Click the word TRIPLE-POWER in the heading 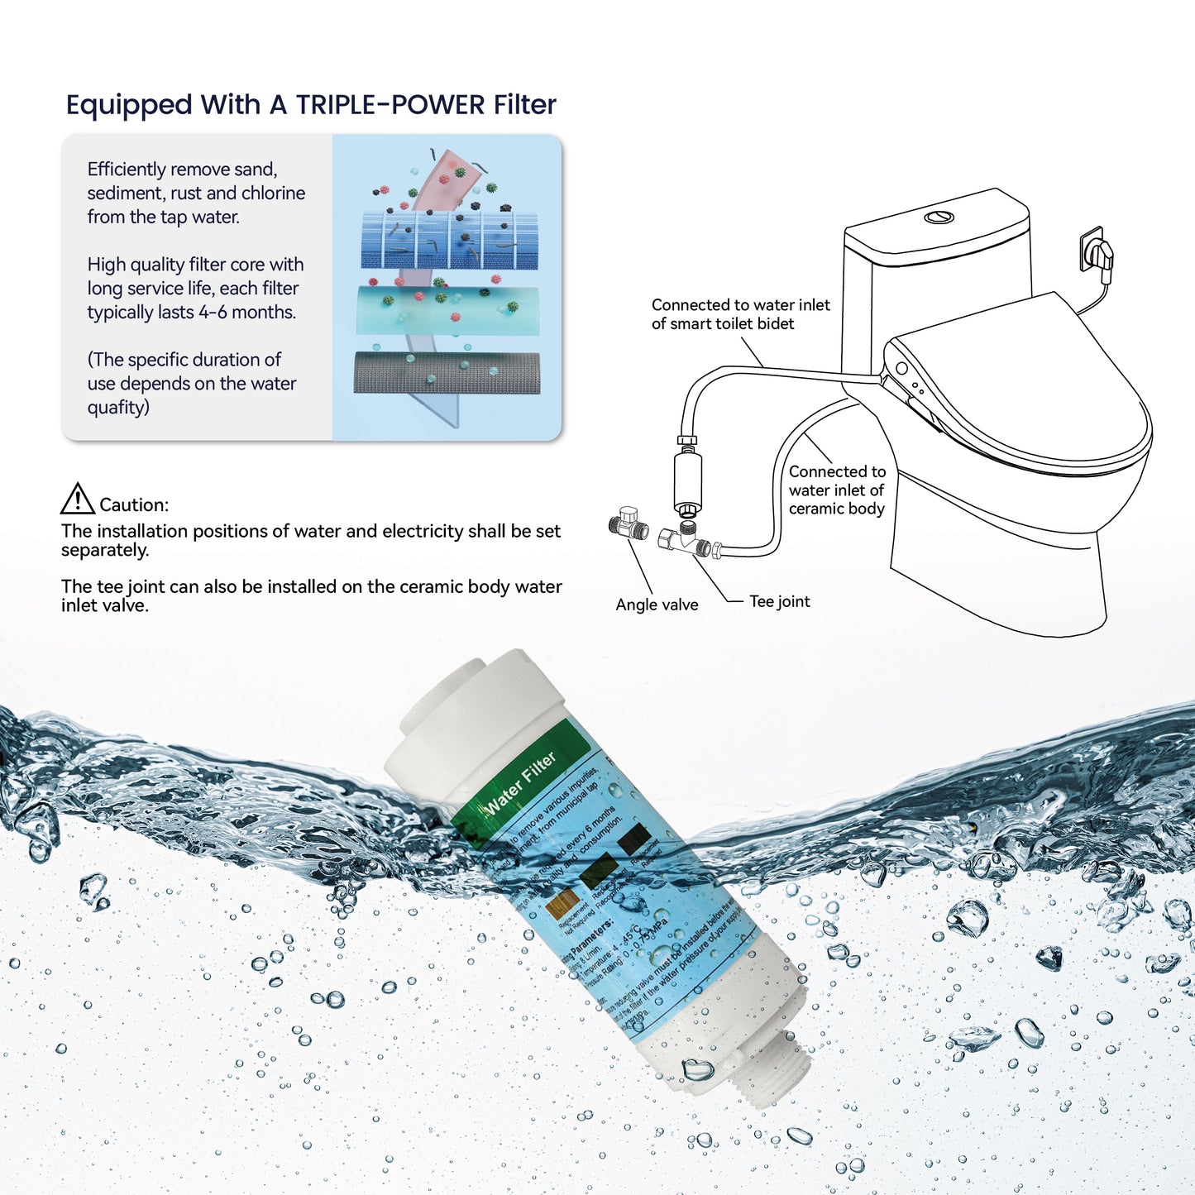point(390,105)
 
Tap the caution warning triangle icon point(78,500)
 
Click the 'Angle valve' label point(657,605)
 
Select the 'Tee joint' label point(779,601)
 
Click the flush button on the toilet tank point(939,217)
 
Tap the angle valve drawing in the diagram point(628,523)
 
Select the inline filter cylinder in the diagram point(687,478)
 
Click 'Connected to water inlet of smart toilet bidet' point(740,314)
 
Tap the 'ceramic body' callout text point(836,509)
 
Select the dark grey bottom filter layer point(447,373)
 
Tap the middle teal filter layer point(447,310)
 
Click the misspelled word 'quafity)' point(118,408)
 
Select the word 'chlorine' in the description point(273,193)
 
